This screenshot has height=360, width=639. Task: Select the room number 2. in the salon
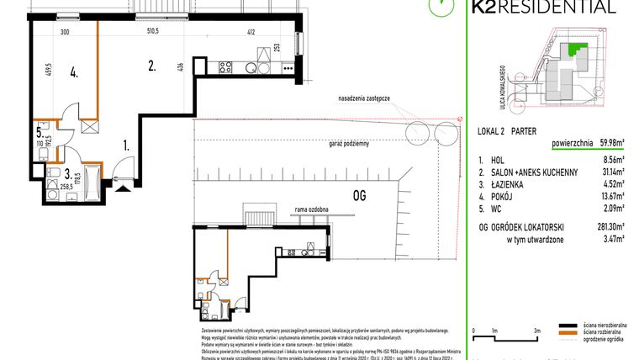coord(152,64)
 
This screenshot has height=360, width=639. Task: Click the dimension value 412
coord(251,31)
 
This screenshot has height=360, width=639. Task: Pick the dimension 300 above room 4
coord(64,31)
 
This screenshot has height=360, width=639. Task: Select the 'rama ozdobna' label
coord(311,209)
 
